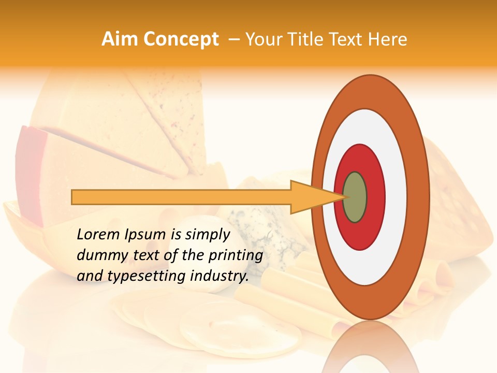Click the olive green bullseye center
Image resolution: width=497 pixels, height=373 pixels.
point(355,197)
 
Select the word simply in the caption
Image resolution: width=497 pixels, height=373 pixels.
point(208,235)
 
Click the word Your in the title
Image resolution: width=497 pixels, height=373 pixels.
point(264,39)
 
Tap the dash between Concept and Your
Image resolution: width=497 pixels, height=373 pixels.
point(233,39)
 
